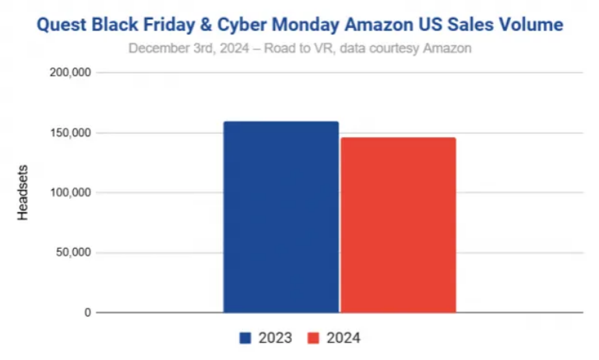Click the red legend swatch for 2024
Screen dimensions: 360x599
click(x=313, y=338)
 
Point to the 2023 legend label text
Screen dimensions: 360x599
click(x=276, y=338)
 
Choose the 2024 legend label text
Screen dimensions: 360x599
click(x=344, y=338)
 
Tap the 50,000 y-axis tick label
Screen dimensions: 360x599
click(x=73, y=252)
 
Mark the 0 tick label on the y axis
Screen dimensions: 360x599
click(x=87, y=312)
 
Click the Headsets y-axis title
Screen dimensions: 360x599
click(x=23, y=192)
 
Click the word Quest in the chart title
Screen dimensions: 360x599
click(x=61, y=25)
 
